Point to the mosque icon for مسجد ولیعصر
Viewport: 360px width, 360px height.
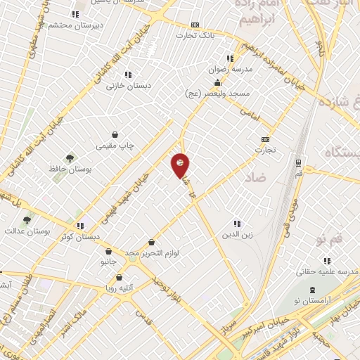[218, 84]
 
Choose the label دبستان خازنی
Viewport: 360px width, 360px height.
[124, 86]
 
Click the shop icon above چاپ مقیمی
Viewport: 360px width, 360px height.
[115, 134]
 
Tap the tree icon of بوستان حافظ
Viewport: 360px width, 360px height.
[69, 158]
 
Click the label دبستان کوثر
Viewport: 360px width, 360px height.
[77, 237]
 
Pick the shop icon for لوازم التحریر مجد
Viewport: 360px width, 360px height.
[151, 242]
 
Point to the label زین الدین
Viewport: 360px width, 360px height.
[236, 235]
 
